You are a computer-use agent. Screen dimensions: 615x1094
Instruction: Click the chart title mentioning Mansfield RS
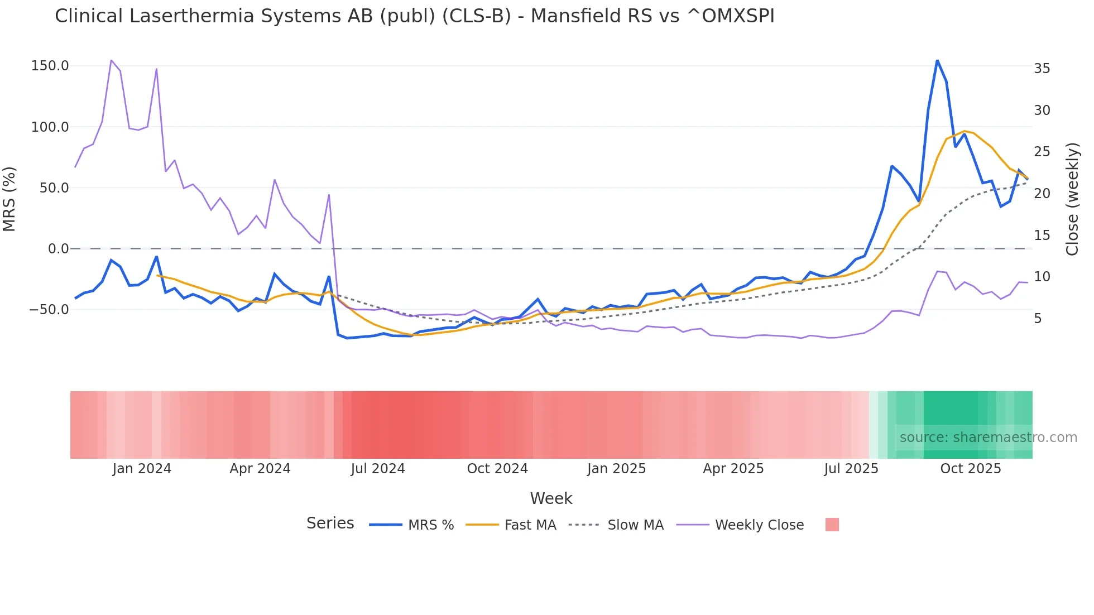(x=414, y=16)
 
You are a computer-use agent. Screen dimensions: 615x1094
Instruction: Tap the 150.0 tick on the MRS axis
(x=50, y=66)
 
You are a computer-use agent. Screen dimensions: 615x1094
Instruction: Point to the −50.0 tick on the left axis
(x=49, y=310)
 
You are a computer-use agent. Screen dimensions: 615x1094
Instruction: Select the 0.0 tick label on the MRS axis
(x=58, y=249)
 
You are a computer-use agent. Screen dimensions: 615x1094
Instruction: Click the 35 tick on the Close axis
(x=1042, y=69)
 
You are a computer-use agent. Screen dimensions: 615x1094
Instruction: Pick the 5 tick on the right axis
(x=1038, y=319)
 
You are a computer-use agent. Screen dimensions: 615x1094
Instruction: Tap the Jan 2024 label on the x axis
(x=142, y=469)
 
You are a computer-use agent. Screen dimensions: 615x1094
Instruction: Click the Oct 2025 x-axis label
(x=971, y=469)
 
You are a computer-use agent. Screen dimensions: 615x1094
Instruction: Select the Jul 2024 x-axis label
(x=378, y=469)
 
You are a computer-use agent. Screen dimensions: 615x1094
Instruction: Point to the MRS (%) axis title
(x=9, y=199)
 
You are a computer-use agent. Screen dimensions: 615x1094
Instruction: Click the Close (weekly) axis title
(x=1072, y=199)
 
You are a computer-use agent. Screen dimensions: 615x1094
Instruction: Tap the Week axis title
(x=551, y=498)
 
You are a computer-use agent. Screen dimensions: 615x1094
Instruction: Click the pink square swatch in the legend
(x=832, y=525)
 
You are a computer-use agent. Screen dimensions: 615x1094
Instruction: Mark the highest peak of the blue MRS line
(x=937, y=60)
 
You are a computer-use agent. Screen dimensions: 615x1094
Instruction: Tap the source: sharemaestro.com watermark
(x=988, y=438)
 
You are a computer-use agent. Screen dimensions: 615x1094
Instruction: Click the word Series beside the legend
(x=330, y=523)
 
